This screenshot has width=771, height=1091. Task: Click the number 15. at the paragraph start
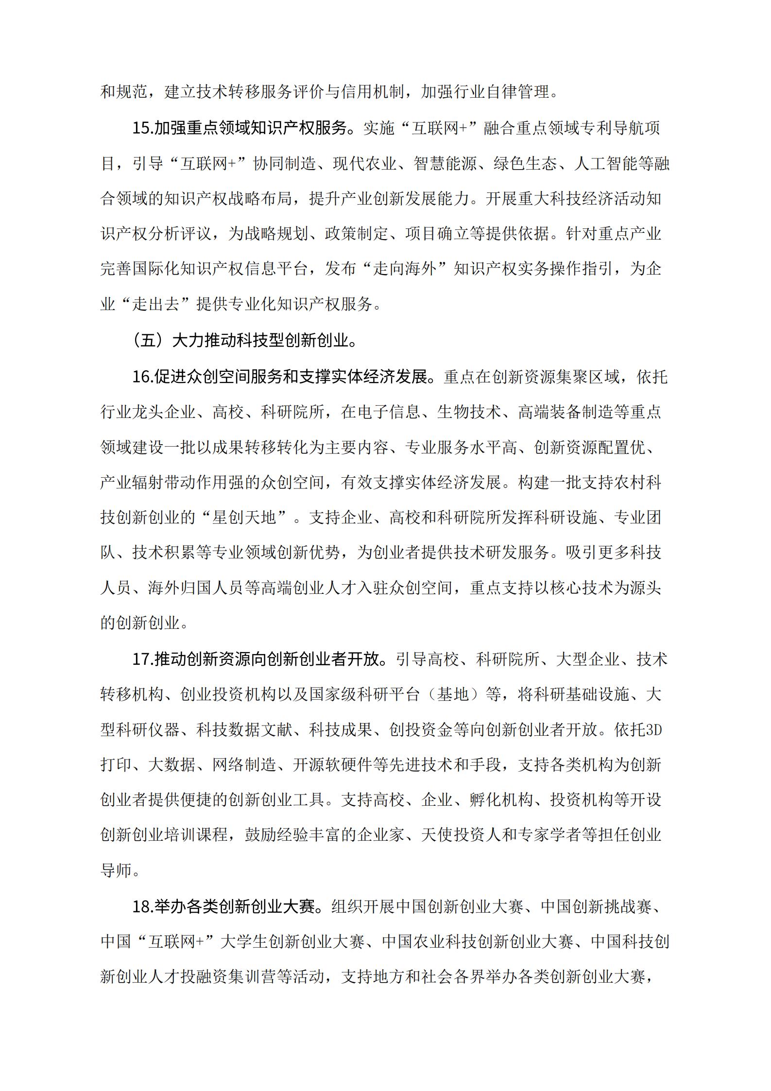click(x=143, y=129)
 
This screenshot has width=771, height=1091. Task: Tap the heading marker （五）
click(x=148, y=341)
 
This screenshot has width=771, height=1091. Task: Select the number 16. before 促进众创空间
click(x=143, y=377)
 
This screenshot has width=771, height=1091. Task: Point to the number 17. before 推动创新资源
click(x=143, y=659)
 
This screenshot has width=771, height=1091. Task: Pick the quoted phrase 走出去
click(x=155, y=305)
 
